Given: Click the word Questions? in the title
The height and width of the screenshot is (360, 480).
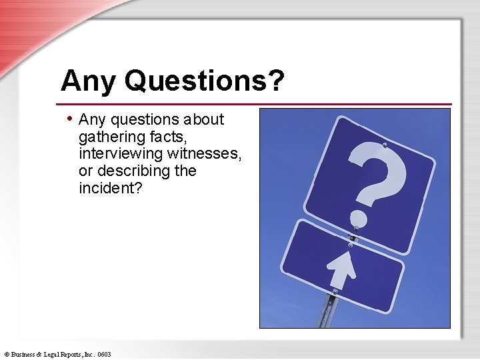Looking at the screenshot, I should point(204,81).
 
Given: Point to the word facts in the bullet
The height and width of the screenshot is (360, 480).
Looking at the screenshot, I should point(169,137).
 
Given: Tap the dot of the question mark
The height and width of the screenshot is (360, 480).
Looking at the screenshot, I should point(359,217).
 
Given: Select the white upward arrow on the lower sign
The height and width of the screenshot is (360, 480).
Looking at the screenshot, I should point(342,265).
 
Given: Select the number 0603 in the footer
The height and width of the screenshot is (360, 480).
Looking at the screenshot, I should point(103,354).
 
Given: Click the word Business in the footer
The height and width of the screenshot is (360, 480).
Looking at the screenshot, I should point(25,354).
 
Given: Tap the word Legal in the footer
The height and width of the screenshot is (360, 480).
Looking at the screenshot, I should point(55,354).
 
